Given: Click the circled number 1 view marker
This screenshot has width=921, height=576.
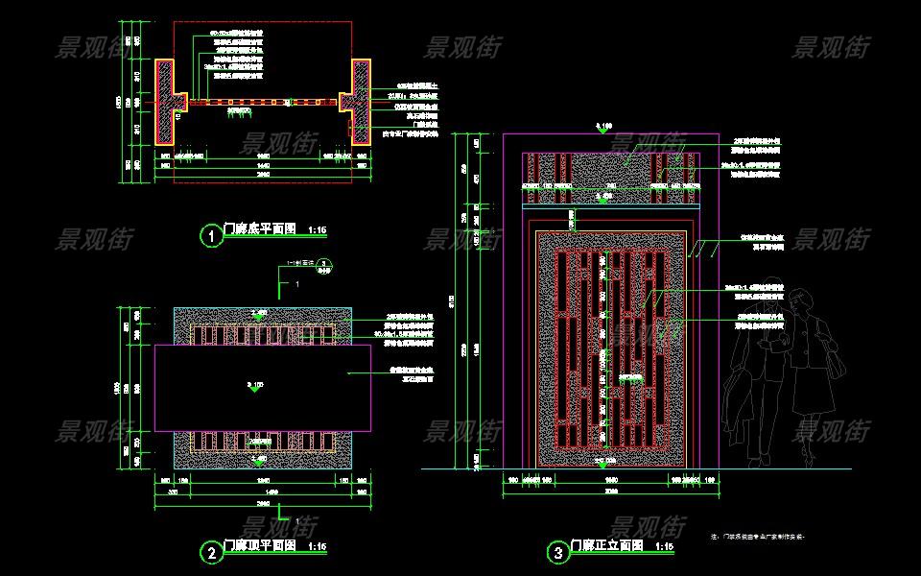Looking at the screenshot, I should tap(210, 235).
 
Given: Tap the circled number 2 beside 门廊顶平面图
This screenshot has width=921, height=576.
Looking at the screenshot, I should tap(210, 552).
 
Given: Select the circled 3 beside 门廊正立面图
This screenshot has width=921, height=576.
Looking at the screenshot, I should tap(557, 552).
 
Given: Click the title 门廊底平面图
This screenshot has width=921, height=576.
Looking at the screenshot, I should tap(259, 230).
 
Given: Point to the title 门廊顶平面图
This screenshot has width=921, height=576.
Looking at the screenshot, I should tap(259, 546).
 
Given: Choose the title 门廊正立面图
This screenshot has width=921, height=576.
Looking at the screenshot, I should tap(606, 546).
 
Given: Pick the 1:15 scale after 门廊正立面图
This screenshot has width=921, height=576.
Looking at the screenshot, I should tap(665, 547).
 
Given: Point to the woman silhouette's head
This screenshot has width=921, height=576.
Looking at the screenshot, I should tap(805, 301).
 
